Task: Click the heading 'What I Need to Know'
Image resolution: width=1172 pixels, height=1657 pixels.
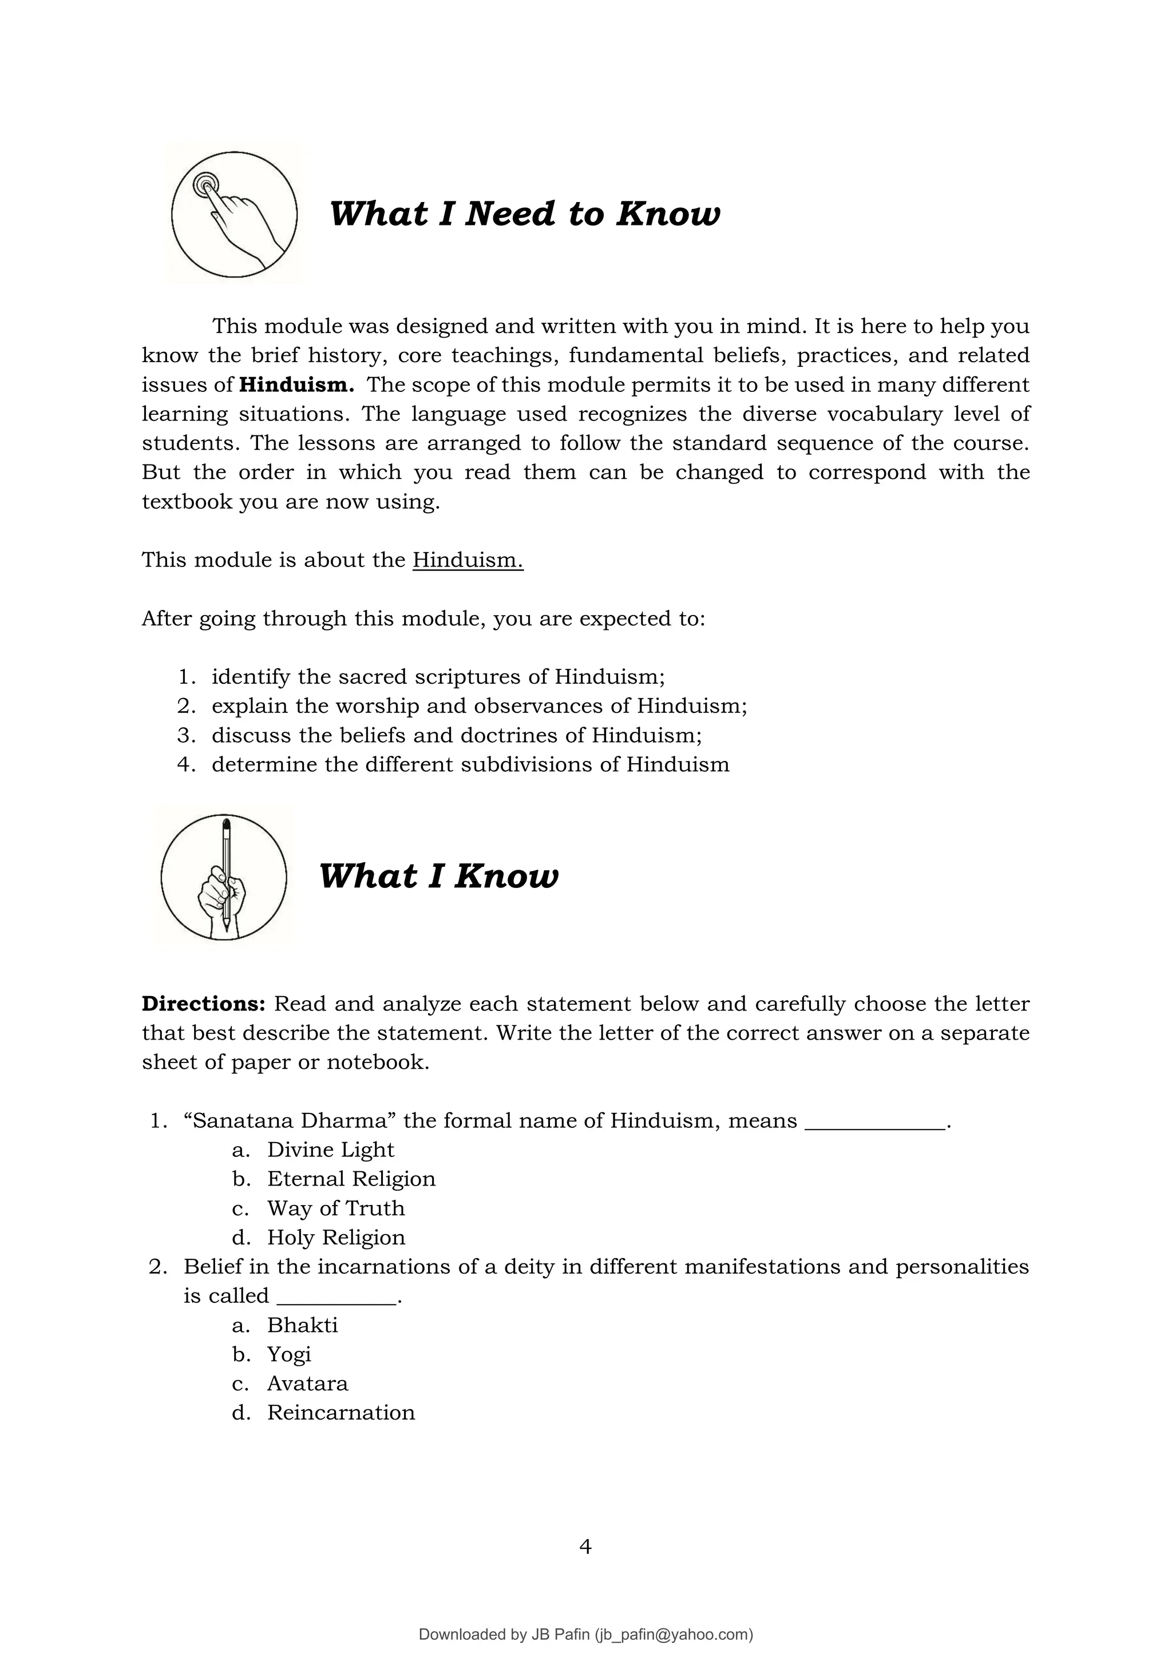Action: point(524,215)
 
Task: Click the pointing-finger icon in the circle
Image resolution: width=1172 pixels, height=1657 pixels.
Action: point(234,215)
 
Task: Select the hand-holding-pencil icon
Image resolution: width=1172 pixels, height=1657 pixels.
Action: point(224,877)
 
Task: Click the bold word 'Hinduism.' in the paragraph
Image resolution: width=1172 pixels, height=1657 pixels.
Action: point(296,384)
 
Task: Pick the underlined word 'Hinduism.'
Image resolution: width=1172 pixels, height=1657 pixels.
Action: point(468,560)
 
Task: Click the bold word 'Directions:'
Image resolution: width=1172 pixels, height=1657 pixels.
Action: point(204,1004)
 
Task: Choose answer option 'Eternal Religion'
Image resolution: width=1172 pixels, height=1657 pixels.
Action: point(351,1179)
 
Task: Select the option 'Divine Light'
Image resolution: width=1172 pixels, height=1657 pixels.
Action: point(331,1149)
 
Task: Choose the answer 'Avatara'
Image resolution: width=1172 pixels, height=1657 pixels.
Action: point(307,1383)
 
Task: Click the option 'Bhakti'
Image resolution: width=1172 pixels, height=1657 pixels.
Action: point(302,1325)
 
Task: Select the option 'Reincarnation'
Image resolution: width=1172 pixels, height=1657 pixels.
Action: point(340,1412)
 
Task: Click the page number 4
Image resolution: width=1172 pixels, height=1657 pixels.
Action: point(585,1547)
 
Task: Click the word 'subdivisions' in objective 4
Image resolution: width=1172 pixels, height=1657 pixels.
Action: point(527,764)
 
